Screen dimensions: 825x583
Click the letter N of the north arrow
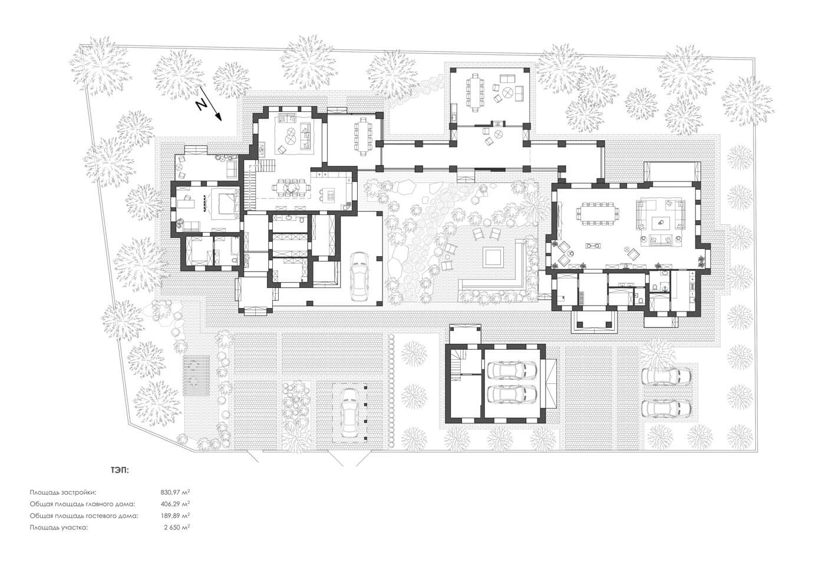(202, 104)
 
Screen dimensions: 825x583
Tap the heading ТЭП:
(120, 470)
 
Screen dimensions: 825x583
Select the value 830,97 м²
(175, 492)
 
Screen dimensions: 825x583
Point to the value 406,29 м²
(175, 503)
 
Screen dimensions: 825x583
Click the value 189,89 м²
(175, 516)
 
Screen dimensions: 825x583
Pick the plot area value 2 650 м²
(177, 528)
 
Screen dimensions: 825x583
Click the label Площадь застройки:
(63, 492)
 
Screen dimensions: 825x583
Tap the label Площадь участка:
(59, 528)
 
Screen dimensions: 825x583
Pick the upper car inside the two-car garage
(512, 370)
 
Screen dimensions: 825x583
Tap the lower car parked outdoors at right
(666, 408)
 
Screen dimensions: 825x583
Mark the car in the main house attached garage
(360, 276)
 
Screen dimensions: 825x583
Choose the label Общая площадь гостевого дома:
(84, 516)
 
